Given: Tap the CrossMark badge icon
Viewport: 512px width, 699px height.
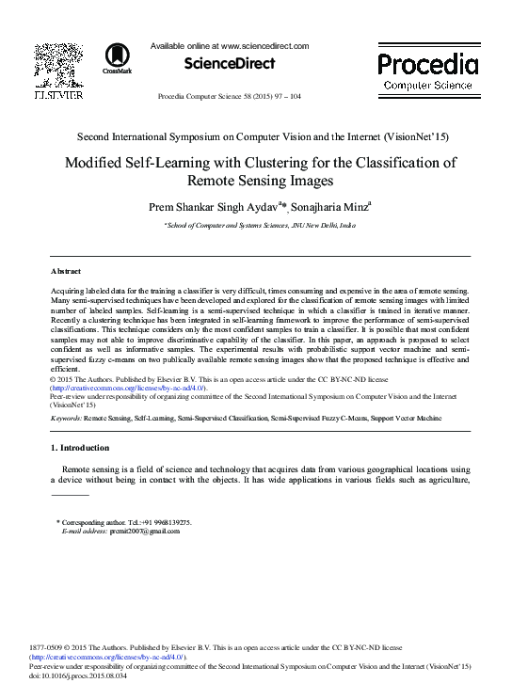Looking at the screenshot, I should click(118, 57).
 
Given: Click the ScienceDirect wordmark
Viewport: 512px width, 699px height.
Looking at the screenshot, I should click(230, 64).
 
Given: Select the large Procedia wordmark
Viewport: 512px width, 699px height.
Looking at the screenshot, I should click(427, 65).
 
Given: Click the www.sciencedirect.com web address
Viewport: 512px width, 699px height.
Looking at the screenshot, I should click(264, 45).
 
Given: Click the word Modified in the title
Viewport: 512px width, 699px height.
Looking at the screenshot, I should click(96, 162).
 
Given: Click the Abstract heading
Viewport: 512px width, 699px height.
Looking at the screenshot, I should click(66, 269).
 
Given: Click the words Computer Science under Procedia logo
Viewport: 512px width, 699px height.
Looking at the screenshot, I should click(427, 86).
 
